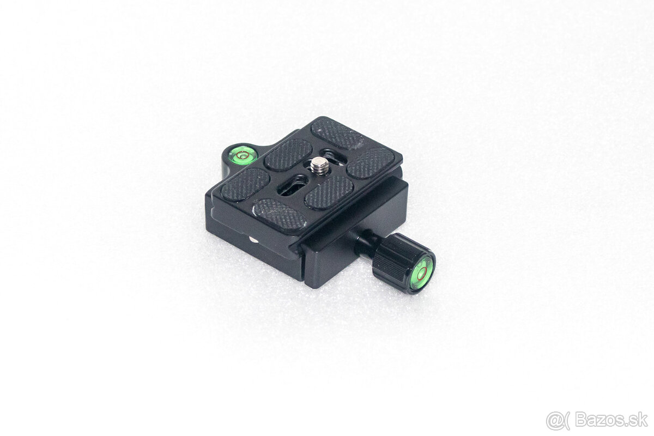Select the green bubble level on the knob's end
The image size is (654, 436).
(x=421, y=275)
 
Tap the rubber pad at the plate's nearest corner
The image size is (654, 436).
(x=280, y=214)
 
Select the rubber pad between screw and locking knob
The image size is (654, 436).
(x=329, y=192)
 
